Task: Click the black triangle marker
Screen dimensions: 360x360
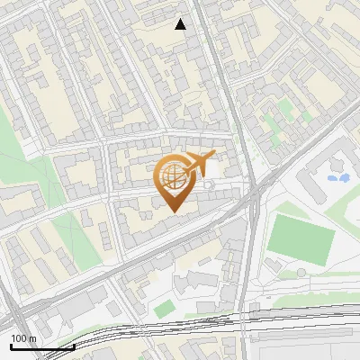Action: tap(181, 24)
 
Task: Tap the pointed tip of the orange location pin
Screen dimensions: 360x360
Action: tap(173, 211)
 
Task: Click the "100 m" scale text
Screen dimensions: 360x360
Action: tap(23, 337)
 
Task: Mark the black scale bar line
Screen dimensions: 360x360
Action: tap(41, 346)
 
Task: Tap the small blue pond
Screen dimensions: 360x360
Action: tap(338, 178)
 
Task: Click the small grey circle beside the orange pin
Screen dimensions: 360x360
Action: tap(210, 185)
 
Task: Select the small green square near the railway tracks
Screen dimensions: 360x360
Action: tap(163, 309)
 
